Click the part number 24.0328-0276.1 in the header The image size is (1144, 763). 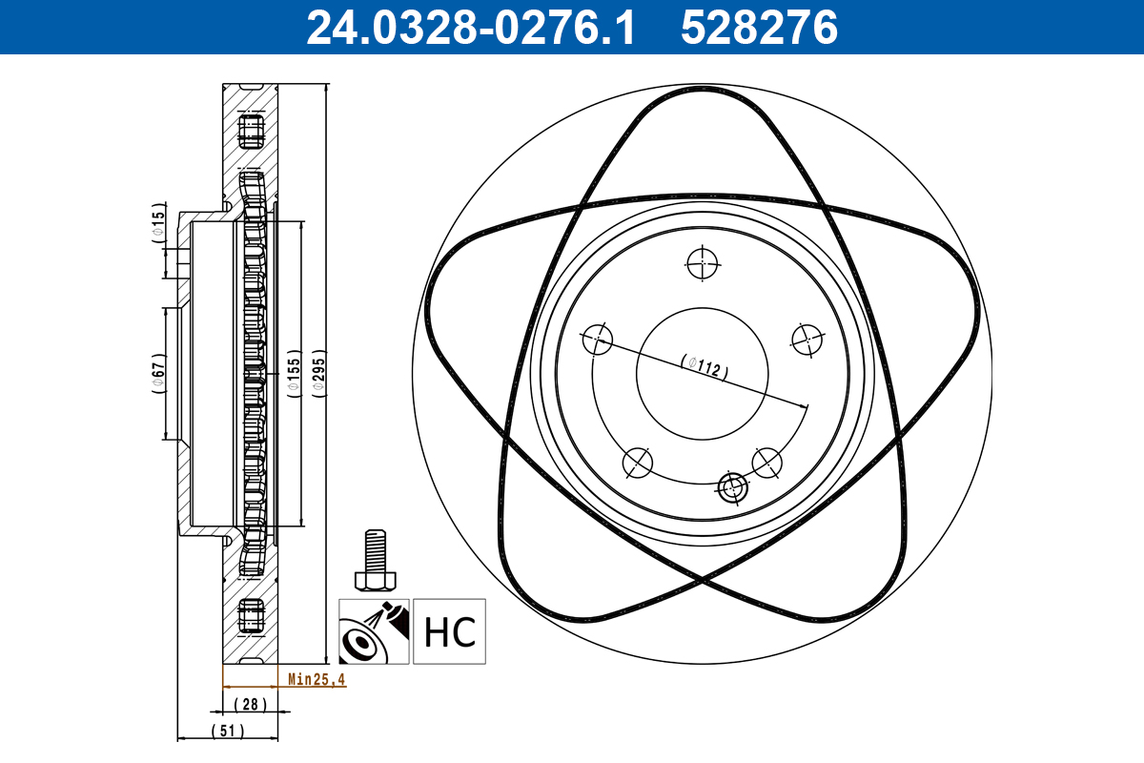(x=469, y=27)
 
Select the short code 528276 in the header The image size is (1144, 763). (x=759, y=27)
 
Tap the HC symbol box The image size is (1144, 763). (x=449, y=631)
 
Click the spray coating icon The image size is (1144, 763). (x=374, y=631)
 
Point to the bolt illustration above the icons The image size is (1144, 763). (x=373, y=562)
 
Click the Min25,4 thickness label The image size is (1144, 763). (x=317, y=680)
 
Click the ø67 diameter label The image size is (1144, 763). (x=159, y=374)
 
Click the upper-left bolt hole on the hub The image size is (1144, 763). (x=598, y=339)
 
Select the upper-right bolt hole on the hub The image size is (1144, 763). (x=807, y=339)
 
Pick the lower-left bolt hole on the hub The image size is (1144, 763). (x=638, y=463)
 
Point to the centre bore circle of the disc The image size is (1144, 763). (x=703, y=373)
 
